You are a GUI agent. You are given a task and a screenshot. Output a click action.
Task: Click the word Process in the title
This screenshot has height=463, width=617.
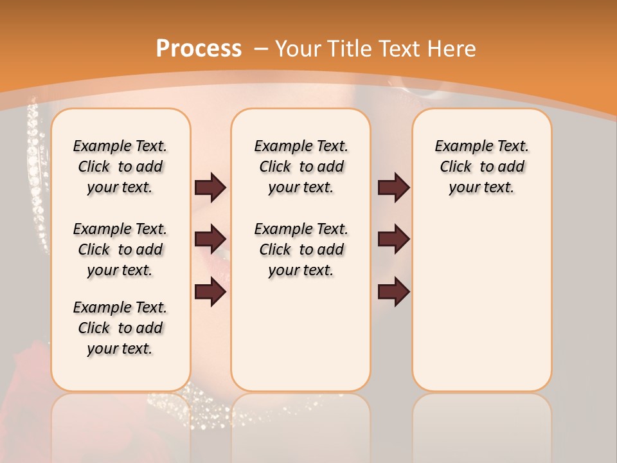pos(199,49)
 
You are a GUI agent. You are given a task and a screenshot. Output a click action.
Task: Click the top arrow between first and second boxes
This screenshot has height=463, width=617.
pos(211,187)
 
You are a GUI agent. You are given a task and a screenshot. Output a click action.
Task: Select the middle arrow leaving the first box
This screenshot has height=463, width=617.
pos(211,239)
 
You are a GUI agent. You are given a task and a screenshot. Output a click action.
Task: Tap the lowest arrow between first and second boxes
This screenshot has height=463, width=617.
pos(211,292)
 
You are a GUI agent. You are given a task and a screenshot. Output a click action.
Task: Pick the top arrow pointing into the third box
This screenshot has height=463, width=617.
pos(393,187)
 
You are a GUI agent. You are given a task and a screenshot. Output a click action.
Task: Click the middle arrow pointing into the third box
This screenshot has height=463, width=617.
pos(393,239)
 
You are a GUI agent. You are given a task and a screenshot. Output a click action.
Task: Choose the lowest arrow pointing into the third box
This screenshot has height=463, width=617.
pos(393,292)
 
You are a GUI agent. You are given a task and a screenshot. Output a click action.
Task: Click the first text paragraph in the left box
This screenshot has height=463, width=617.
pos(120,167)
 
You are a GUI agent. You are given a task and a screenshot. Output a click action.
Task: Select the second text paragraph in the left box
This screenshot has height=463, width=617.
pos(120,250)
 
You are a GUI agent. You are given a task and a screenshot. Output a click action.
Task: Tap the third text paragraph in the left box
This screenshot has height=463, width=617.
pos(120,328)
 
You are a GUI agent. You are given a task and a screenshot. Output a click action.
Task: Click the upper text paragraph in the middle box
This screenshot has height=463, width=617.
pos(301,167)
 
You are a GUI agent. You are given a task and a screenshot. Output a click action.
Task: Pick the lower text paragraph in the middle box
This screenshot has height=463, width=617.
pos(301,250)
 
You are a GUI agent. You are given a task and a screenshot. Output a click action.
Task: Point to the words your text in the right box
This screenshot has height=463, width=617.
pos(481,187)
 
